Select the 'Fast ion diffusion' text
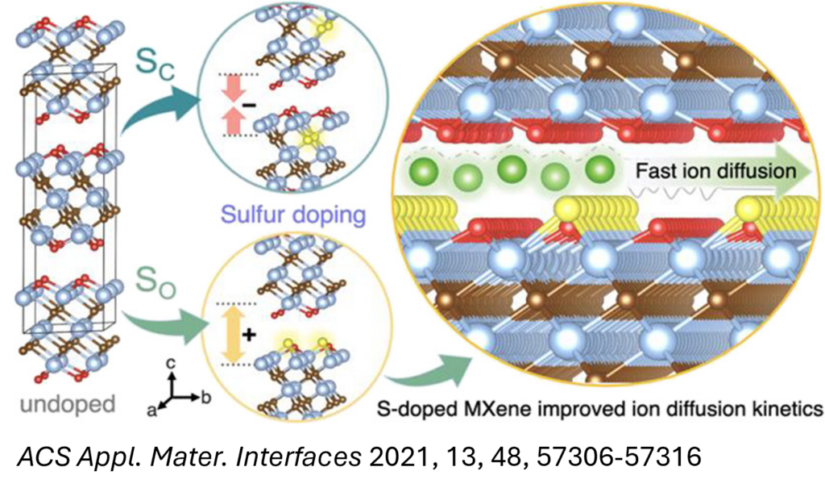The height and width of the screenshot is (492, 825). (x=715, y=171)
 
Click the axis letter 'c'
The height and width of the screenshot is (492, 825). (x=172, y=365)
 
